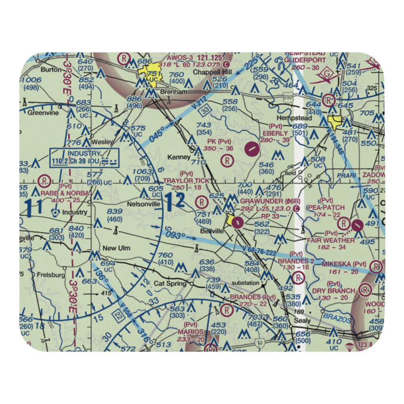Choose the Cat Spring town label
[x=170, y=283]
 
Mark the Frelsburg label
[x=51, y=275]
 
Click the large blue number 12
[x=175, y=201]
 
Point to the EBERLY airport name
[x=275, y=133]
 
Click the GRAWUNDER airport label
[x=261, y=201]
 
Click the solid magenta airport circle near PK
[x=252, y=148]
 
